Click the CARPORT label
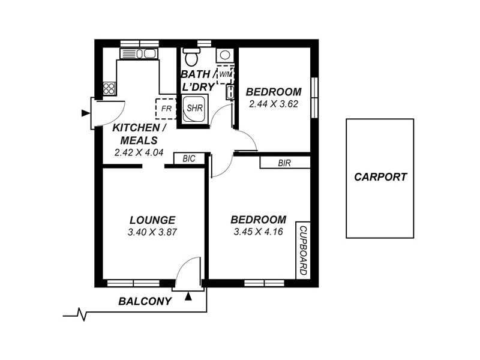coord(380,177)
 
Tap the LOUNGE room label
coord(152,220)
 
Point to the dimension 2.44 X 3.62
coord(274,103)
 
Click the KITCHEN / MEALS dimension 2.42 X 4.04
coord(139,152)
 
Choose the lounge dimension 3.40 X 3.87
coord(152,231)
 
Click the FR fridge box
coord(166,109)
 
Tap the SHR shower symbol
coord(194,108)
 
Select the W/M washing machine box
coord(224,74)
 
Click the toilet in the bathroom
coord(192,58)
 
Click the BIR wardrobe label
coord(284,163)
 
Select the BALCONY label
coord(145,302)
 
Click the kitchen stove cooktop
coord(109,89)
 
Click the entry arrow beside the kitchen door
coord(83,112)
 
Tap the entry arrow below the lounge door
coord(190,295)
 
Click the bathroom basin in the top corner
coord(225,55)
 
